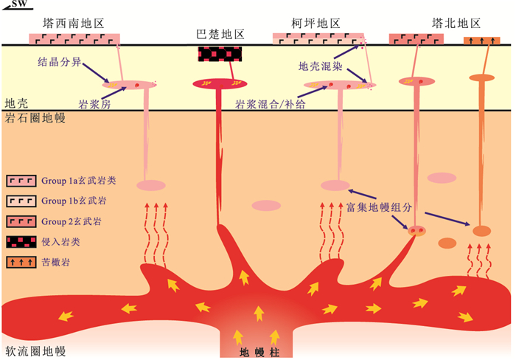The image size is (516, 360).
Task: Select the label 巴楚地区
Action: click(220, 35)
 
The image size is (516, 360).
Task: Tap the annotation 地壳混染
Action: click(321, 66)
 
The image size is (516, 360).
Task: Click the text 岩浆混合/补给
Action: click(271, 105)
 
